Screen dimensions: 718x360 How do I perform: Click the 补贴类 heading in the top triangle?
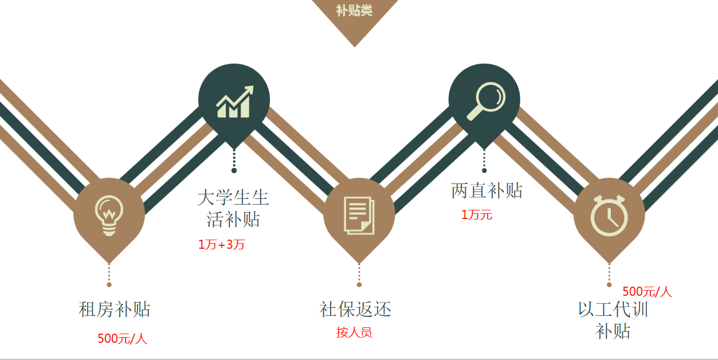354,10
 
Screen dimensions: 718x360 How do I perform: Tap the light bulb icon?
109,215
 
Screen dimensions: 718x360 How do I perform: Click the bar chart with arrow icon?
234,101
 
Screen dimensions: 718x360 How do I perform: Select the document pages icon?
359,215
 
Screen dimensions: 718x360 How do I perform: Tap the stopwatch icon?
609,216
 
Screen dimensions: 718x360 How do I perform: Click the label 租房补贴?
114,310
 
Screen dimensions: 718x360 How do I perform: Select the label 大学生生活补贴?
233,209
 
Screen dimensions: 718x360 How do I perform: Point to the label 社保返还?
355,310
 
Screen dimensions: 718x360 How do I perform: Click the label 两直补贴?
486,191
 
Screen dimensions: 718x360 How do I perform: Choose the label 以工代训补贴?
613,320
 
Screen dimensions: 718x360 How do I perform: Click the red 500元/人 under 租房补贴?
122,339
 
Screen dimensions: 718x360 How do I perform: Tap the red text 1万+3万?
222,245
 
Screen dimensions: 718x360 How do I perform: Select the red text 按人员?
354,332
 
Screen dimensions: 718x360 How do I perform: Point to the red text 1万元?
477,215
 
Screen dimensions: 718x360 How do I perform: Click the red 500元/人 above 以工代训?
647,292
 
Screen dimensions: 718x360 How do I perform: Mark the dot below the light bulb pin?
109,284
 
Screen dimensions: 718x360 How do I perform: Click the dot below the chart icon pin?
234,170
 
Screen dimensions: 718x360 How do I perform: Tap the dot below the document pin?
359,284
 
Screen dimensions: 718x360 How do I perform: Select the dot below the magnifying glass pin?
484,170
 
